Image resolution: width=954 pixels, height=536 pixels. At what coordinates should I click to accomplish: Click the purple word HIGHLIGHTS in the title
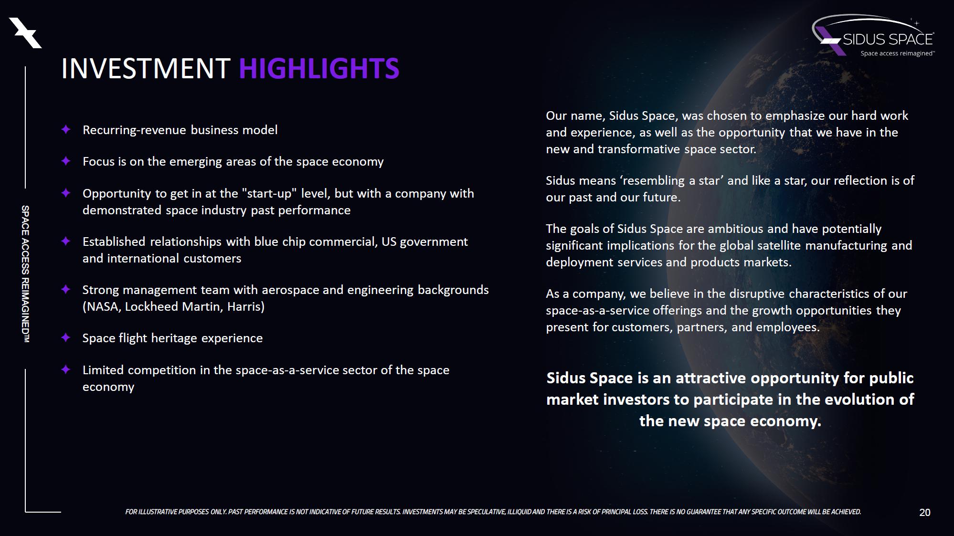click(319, 68)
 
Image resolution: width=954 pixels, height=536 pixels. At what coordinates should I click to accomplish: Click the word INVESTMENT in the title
click(146, 68)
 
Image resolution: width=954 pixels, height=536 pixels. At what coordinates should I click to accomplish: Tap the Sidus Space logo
click(873, 35)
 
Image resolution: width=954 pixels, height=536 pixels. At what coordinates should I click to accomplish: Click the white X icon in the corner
click(26, 33)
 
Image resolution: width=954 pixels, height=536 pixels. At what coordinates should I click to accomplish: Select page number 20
click(924, 513)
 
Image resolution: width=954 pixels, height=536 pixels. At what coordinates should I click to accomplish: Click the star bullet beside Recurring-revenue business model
click(66, 129)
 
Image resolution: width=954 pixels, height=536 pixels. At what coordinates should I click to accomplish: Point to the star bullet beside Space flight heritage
click(66, 337)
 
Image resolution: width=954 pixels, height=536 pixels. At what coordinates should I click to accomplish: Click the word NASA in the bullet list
click(103, 306)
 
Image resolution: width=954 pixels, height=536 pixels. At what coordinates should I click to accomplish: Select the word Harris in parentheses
click(244, 306)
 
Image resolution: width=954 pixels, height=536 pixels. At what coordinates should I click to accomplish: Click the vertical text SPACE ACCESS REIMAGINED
click(25, 274)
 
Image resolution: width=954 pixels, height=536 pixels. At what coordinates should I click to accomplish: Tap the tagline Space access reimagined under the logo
click(897, 53)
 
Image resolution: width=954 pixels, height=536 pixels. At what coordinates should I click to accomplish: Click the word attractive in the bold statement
click(711, 378)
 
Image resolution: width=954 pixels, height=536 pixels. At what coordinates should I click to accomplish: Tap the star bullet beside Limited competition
click(66, 369)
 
